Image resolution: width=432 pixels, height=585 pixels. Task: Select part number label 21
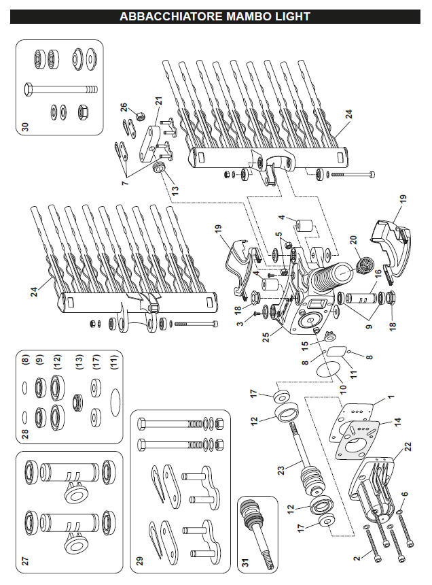[x=158, y=103]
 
